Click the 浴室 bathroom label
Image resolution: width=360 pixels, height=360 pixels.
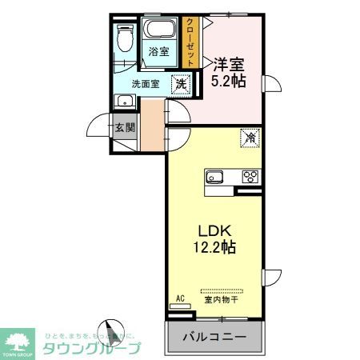pyautogui.click(x=158, y=53)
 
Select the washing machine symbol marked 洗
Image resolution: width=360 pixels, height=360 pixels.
pyautogui.click(x=181, y=82)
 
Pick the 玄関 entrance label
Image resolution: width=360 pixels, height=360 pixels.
pyautogui.click(x=123, y=127)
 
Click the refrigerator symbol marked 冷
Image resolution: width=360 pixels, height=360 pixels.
pyautogui.click(x=250, y=137)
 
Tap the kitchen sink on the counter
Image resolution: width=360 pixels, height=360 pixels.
pyautogui.click(x=216, y=177)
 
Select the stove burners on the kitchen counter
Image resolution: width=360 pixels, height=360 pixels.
pyautogui.click(x=249, y=177)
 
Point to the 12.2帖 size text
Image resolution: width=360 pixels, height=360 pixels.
pyautogui.click(x=213, y=247)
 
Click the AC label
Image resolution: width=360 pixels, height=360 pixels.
pyautogui.click(x=180, y=298)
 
